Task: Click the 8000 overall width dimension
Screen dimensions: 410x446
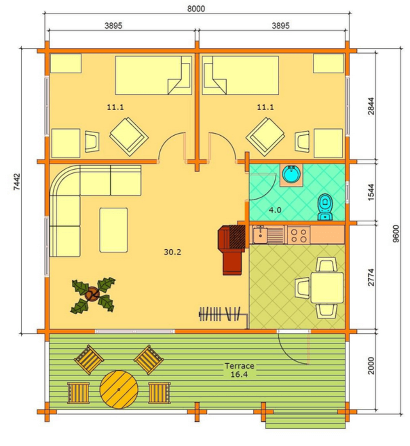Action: [x=196, y=9]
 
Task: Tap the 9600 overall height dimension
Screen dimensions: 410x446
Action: [x=396, y=234]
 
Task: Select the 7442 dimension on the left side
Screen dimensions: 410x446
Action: [x=17, y=182]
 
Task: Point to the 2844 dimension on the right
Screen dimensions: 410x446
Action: [x=371, y=107]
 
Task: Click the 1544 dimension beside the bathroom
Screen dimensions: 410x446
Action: [x=371, y=192]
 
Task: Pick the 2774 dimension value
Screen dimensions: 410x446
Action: [x=371, y=278]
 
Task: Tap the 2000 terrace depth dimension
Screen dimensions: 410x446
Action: [x=371, y=366]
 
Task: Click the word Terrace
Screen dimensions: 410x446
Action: [x=239, y=366]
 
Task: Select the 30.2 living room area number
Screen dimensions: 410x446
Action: [x=173, y=252]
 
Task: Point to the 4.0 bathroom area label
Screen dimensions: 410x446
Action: [x=275, y=210]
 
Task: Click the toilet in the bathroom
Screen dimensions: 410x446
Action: [x=325, y=207]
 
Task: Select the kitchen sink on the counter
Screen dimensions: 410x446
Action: [x=260, y=234]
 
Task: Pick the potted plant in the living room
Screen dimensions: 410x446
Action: [x=93, y=295]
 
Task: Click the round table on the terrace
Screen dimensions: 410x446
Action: [x=119, y=389]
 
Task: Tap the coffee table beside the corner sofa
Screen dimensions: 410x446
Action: [x=113, y=230]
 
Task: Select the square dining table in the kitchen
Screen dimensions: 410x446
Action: [x=327, y=288]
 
